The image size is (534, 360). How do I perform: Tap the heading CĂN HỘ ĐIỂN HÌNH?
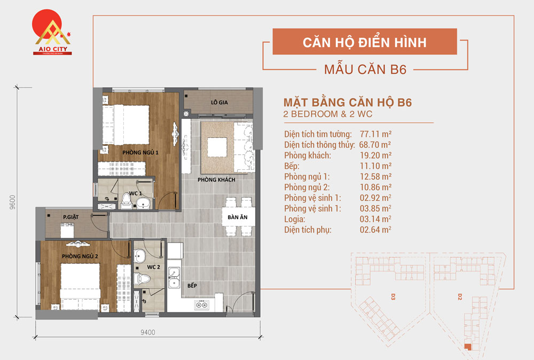click(365, 42)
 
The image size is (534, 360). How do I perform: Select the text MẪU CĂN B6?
click(365, 69)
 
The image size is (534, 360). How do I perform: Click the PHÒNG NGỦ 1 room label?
click(140, 153)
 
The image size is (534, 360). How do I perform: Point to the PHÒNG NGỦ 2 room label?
click(80, 256)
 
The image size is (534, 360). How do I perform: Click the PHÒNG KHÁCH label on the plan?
click(216, 179)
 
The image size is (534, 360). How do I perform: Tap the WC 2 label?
click(154, 267)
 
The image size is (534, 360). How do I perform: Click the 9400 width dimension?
click(148, 333)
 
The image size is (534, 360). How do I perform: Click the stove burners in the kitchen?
click(203, 306)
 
